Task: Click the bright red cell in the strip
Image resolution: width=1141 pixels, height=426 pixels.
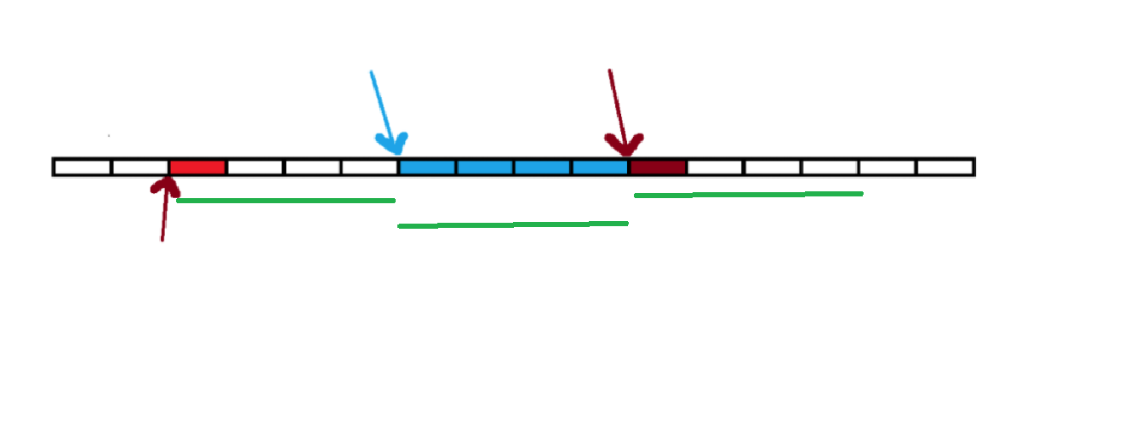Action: point(197,167)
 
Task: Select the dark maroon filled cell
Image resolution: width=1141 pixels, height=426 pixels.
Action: point(658,167)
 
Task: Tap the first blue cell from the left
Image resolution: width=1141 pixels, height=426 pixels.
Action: point(427,167)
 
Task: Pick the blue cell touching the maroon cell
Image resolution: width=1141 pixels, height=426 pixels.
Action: point(600,167)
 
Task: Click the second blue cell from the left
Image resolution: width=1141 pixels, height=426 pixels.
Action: point(485,167)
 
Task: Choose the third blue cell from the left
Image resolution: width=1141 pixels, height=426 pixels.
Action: point(542,167)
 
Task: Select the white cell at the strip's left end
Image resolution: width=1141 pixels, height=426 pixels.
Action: point(82,167)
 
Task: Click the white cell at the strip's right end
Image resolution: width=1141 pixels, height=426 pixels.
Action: point(944,167)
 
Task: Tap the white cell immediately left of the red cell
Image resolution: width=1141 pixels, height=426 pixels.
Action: point(140,167)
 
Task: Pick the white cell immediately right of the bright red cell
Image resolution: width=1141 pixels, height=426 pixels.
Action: point(254,167)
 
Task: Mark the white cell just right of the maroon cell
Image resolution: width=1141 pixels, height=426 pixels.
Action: point(715,167)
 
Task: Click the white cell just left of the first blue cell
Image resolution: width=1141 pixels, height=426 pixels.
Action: point(369,167)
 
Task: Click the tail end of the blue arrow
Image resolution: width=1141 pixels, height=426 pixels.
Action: point(371,72)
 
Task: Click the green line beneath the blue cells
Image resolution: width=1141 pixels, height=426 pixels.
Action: point(512,224)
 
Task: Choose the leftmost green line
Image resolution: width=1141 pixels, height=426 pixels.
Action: point(285,201)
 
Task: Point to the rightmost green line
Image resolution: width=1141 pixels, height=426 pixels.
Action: point(749,195)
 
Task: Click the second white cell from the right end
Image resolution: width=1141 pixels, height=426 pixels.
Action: point(887,167)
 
